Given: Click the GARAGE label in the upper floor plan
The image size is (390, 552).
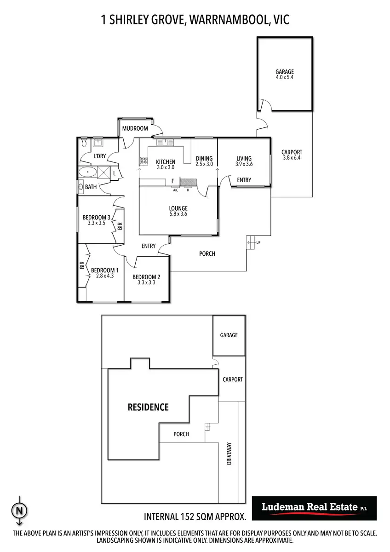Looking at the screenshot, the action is coord(285,72).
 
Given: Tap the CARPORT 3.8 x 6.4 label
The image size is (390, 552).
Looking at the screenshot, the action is coord(292,155).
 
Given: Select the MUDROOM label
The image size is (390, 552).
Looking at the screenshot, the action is coord(135,128).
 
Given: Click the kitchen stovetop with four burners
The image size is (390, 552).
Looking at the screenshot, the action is coord(143,161).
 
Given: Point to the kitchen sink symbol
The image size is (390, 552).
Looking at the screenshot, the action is coord(163,142).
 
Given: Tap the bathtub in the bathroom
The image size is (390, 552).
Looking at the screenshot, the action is coord(87,172).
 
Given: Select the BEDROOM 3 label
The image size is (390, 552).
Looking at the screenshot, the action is coord(97,218).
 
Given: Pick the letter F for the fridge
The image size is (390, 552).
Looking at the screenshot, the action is coord(172,181).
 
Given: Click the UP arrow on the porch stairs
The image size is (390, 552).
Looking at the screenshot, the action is coord(252,242).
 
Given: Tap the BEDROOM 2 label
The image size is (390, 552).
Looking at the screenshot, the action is coord(146,277).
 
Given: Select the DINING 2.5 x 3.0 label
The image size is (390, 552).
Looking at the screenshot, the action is coord(204,161).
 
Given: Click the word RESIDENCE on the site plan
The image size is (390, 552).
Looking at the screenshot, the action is coord(148,407).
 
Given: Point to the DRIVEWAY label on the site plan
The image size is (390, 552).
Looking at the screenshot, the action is coord(229,454).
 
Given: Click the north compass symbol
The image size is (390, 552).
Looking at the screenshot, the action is coord(19,510).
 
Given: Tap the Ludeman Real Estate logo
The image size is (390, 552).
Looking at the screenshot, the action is coord(315,508).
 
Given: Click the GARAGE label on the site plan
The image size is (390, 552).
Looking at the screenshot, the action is coord(229,335).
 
